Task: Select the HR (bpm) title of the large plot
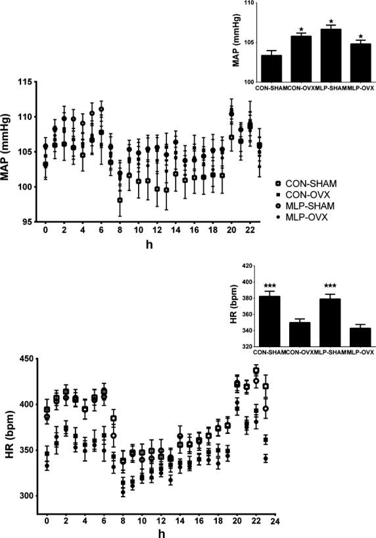(x=9, y=428)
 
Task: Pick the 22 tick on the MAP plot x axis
(x=250, y=230)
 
